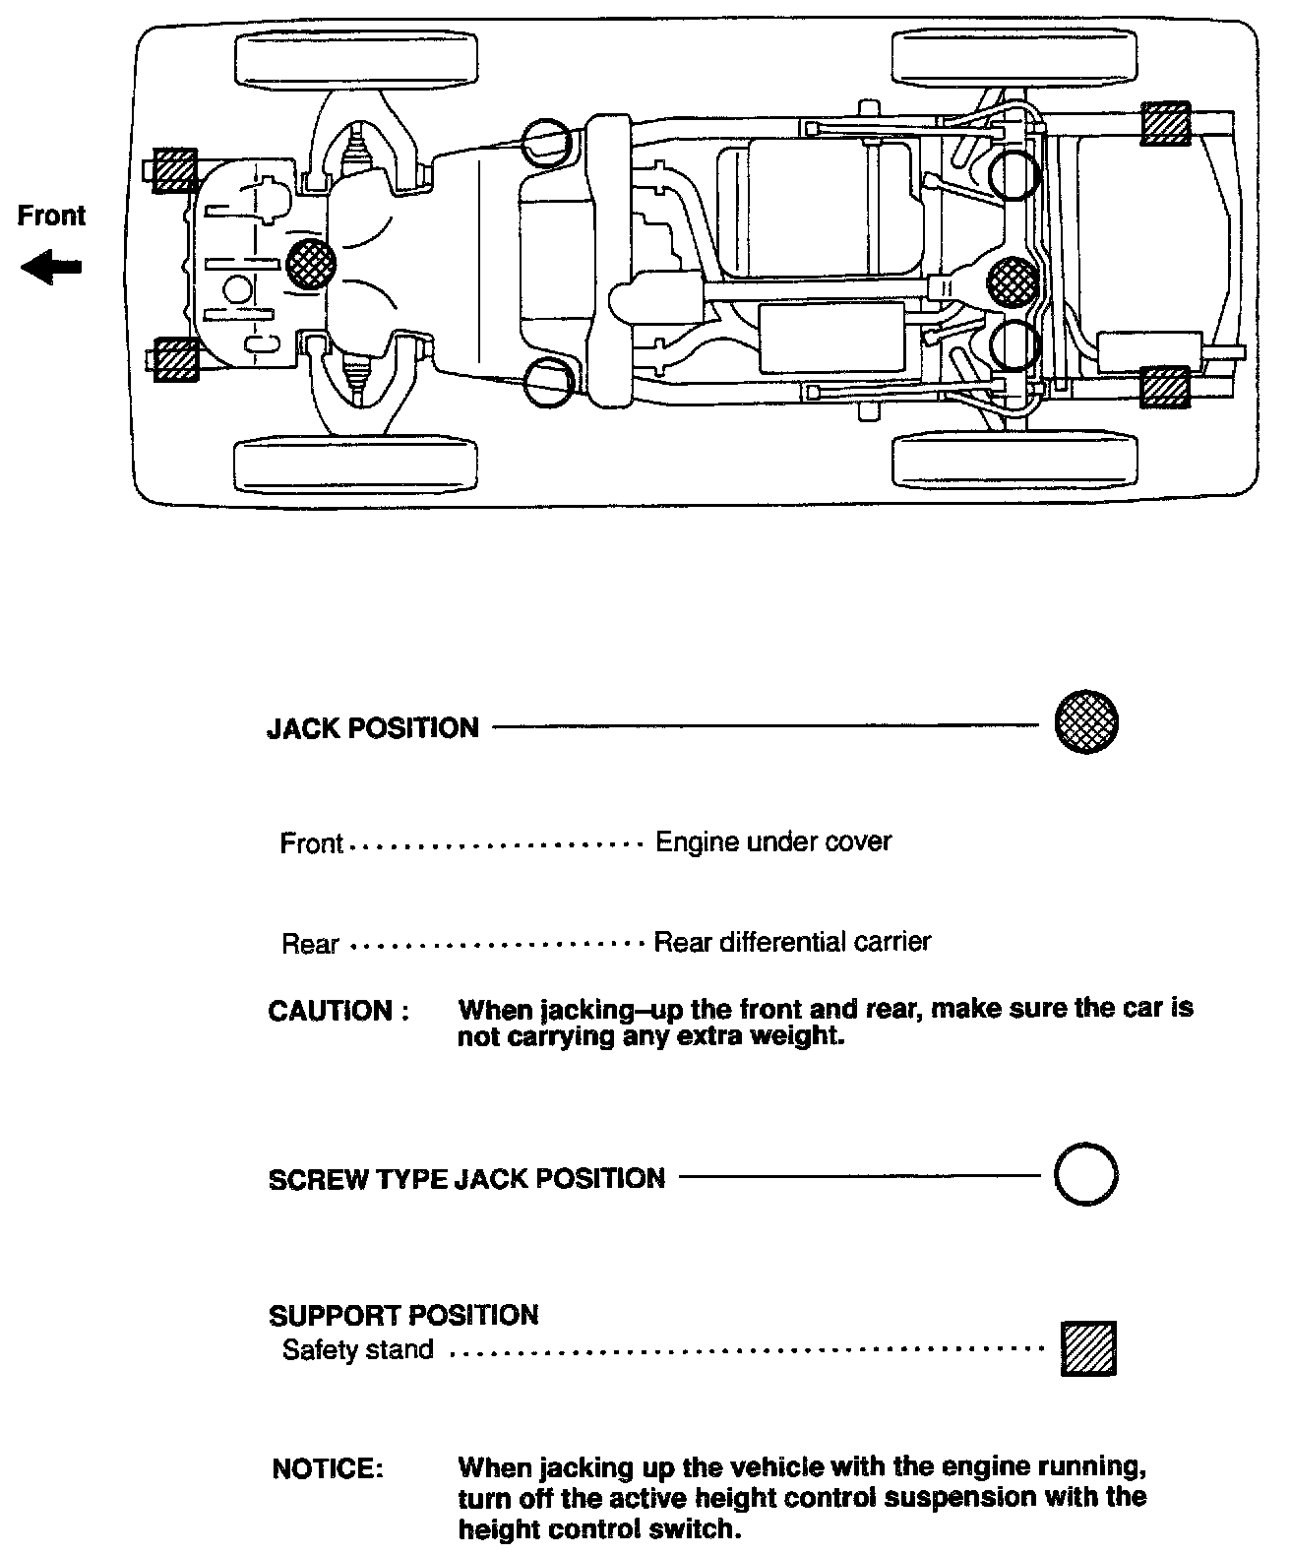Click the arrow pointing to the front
point(51,268)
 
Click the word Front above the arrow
point(51,216)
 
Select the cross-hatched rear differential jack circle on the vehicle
point(1012,281)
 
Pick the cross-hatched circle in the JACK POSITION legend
point(1085,723)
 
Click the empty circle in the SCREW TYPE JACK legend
point(1085,1174)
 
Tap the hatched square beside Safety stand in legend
point(1089,1348)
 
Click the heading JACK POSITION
point(373,728)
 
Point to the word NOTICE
point(327,1468)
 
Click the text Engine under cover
point(773,842)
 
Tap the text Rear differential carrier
point(792,942)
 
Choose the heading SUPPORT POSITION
point(403,1316)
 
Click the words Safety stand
point(357,1349)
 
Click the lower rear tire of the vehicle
point(1014,460)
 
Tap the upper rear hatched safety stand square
point(1165,125)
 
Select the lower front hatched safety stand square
point(176,359)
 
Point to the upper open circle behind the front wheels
point(545,143)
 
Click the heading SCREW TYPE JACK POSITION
point(466,1179)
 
